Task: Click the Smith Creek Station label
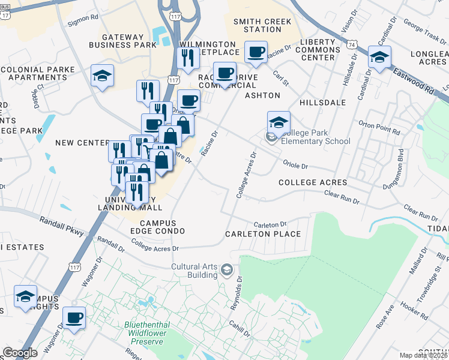point(262,25)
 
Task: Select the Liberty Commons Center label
point(326,49)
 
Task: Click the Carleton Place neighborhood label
point(262,234)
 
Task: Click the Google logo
point(20,353)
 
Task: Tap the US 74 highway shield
point(352,44)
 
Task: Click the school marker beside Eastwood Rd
point(379,58)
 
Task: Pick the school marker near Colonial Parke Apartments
point(102,76)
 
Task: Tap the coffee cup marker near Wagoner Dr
point(74,317)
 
